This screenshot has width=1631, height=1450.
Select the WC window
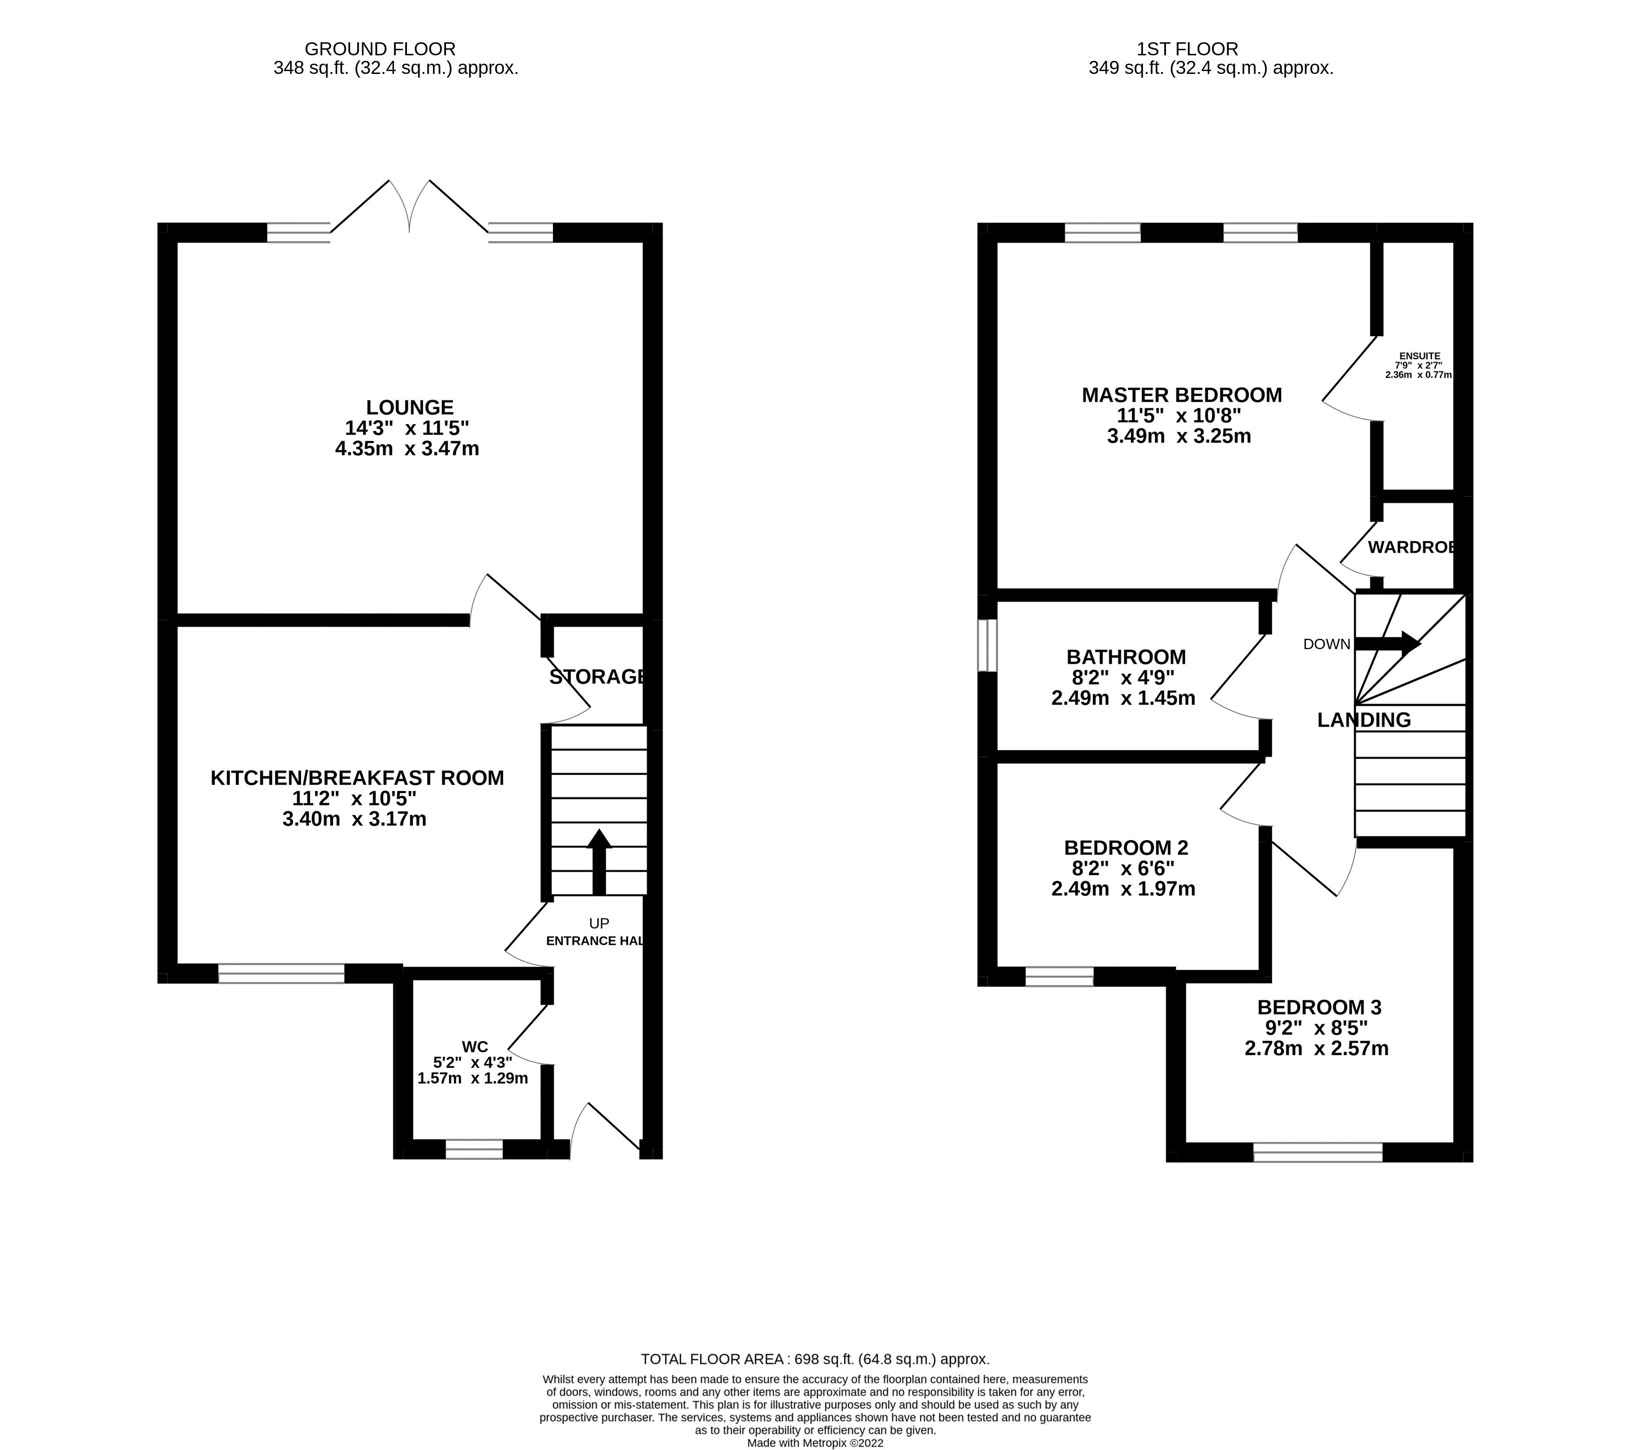[x=474, y=1149]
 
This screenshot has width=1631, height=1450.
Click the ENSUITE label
[x=1419, y=356]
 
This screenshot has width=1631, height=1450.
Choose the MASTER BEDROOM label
[x=1181, y=395]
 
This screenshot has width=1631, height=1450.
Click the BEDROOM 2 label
[x=1125, y=847]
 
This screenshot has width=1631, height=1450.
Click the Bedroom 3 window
[x=1318, y=1152]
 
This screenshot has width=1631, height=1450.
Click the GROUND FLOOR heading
[x=380, y=49]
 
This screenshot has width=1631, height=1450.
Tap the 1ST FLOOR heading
[x=1187, y=49]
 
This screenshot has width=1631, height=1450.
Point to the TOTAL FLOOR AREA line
[x=815, y=1359]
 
